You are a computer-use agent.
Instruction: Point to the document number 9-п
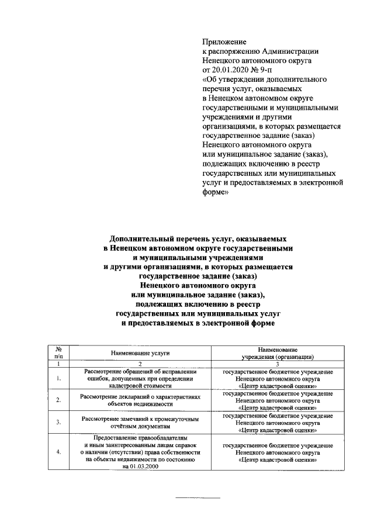click(265, 69)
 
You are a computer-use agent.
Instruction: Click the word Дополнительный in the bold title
click(147, 240)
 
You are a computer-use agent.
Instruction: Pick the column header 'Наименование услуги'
click(140, 353)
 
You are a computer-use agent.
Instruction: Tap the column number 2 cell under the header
click(140, 364)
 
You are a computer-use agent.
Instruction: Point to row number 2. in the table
click(58, 400)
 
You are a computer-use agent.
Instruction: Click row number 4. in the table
click(58, 452)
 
